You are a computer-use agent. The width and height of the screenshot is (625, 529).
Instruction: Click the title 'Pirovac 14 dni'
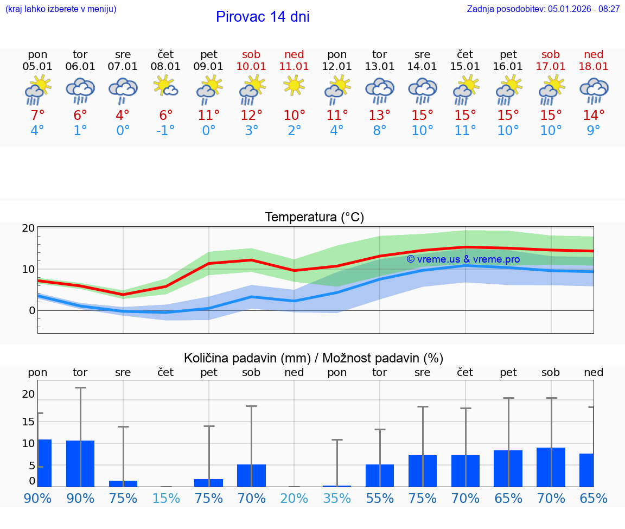tap(263, 17)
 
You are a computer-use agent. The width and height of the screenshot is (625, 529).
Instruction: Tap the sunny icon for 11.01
tap(294, 86)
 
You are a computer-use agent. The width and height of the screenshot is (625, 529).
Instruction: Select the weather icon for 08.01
tap(165, 86)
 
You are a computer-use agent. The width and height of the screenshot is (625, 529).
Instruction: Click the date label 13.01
tap(379, 66)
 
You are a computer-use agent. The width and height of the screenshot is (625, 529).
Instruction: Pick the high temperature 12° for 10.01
tap(251, 115)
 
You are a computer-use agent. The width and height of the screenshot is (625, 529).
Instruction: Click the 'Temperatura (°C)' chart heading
tap(314, 217)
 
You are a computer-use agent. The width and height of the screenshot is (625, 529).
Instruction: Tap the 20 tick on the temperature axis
tap(28, 228)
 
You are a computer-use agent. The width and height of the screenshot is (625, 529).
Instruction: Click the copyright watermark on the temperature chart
tap(463, 259)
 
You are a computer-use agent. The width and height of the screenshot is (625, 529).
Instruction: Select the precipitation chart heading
tap(314, 358)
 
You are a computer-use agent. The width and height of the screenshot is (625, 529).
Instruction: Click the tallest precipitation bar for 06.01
tap(80, 463)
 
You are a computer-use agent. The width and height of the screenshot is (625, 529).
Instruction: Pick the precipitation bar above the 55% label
tap(380, 475)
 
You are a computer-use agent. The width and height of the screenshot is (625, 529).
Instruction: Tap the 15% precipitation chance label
tap(165, 499)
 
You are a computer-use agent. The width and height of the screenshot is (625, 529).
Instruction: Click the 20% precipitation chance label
tap(294, 499)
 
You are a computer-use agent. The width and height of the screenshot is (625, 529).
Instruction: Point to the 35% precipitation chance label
tap(337, 499)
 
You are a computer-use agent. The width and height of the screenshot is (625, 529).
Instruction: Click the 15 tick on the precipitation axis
tap(28, 422)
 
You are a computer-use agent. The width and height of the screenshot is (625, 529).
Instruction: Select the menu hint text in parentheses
tap(61, 9)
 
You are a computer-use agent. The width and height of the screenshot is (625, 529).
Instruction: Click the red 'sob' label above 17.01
tap(551, 54)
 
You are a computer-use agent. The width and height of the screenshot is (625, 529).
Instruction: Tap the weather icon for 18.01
tap(594, 90)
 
